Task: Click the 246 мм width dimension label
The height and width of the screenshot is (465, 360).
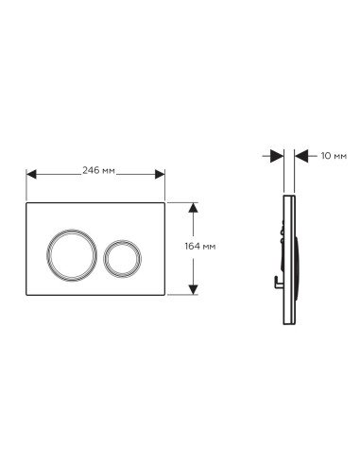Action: pyautogui.click(x=98, y=170)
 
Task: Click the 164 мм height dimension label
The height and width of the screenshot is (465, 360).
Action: pyautogui.click(x=200, y=246)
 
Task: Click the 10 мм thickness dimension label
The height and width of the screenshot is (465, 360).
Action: pyautogui.click(x=334, y=156)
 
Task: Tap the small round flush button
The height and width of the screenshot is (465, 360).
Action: pyautogui.click(x=122, y=240)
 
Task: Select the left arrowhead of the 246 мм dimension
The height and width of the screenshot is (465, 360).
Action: pyautogui.click(x=31, y=174)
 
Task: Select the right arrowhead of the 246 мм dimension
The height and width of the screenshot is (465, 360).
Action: pyautogui.click(x=160, y=174)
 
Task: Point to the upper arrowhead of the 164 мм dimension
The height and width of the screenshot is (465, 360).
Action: pyautogui.click(x=193, y=208)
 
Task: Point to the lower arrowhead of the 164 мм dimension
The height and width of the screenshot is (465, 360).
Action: pyautogui.click(x=193, y=289)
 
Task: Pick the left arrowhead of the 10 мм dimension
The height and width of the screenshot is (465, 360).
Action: pyautogui.click(x=277, y=156)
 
